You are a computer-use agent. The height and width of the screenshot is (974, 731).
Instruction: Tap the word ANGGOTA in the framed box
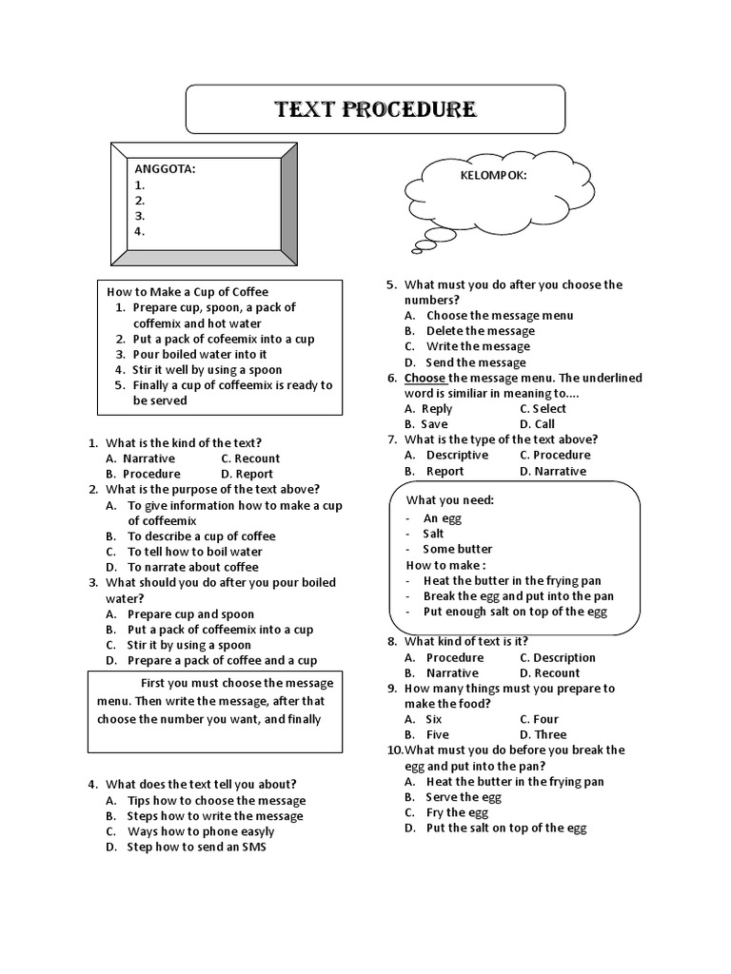[x=165, y=168]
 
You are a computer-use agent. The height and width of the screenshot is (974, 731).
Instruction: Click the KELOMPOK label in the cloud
[x=493, y=176]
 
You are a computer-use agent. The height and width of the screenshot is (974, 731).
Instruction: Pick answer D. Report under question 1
[x=247, y=474]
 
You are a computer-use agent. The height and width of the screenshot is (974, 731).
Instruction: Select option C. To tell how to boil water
[x=194, y=552]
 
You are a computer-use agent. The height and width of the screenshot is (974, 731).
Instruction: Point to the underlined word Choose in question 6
[x=425, y=378]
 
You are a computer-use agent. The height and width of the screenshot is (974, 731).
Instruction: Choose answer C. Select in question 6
[x=543, y=409]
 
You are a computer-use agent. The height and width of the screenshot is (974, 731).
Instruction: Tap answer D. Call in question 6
[x=537, y=424]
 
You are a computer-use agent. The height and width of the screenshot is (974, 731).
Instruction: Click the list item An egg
[x=443, y=518]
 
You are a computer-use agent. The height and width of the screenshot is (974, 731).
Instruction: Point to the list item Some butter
[x=458, y=549]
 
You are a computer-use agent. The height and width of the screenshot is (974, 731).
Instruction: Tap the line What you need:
[x=450, y=500]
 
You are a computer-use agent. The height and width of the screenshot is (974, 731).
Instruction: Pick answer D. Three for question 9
[x=543, y=735]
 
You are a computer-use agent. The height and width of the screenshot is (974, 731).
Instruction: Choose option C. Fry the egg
[x=457, y=812]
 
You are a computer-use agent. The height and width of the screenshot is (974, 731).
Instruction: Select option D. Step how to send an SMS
[x=196, y=847]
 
